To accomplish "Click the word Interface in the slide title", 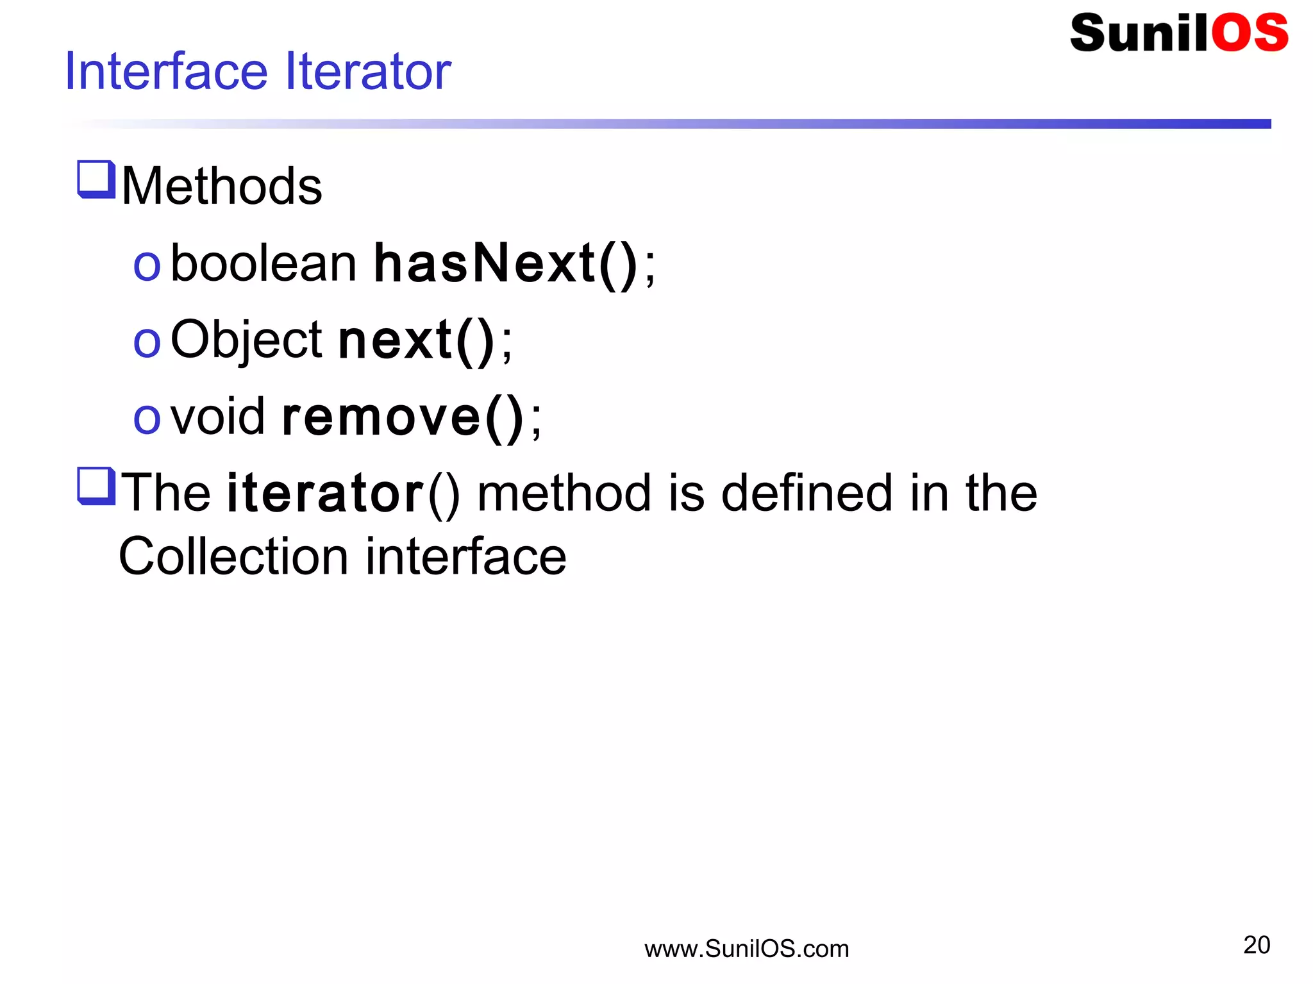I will coord(166,71).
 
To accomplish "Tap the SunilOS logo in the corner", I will coord(1178,33).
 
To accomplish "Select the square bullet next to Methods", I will coord(96,179).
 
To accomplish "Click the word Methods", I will coord(222,187).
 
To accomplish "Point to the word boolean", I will coord(263,263).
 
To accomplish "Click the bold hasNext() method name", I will coord(505,263).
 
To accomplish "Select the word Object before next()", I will coord(246,340).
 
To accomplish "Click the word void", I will coord(217,417).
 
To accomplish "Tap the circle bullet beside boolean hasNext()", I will coord(146,266).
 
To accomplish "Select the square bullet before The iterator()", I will coord(96,487).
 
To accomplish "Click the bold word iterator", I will coord(325,493).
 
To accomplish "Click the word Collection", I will coord(233,556).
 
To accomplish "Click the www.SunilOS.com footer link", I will coord(746,949).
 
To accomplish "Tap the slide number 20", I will coord(1256,945).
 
